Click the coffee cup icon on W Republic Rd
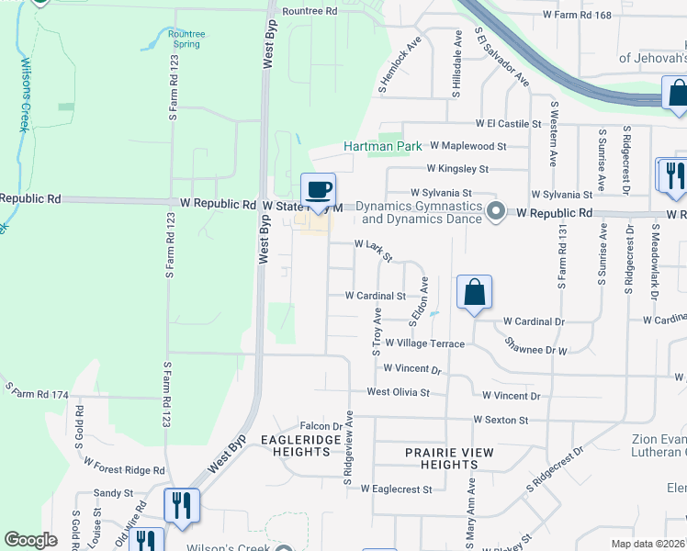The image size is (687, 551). (x=319, y=190)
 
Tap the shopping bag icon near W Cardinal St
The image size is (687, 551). (x=474, y=293)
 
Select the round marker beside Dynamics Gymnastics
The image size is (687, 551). (x=496, y=212)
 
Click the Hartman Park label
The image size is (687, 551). (x=382, y=146)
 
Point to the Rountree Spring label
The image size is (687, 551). (x=187, y=39)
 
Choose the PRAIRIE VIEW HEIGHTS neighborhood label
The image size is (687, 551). (x=450, y=459)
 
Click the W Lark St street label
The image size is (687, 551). (x=374, y=251)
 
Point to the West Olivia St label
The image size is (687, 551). (x=398, y=392)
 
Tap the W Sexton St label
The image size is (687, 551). (x=501, y=420)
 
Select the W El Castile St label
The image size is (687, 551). (x=510, y=123)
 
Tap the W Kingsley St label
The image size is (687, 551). (x=456, y=169)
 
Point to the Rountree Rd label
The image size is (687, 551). (x=310, y=11)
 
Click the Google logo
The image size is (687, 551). (x=30, y=540)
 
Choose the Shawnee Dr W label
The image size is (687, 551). (x=536, y=344)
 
